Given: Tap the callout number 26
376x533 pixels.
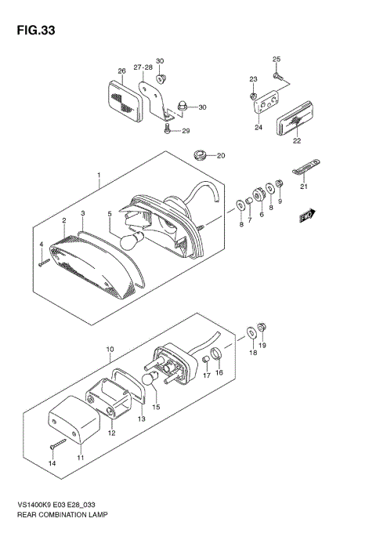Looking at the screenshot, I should [x=121, y=71].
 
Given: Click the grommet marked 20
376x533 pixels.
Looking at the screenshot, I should [x=201, y=154].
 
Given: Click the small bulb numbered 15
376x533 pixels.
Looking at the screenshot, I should [x=148, y=380].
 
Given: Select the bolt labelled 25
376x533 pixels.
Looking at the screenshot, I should [x=279, y=74].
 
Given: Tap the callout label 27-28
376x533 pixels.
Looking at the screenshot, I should [x=143, y=67].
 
